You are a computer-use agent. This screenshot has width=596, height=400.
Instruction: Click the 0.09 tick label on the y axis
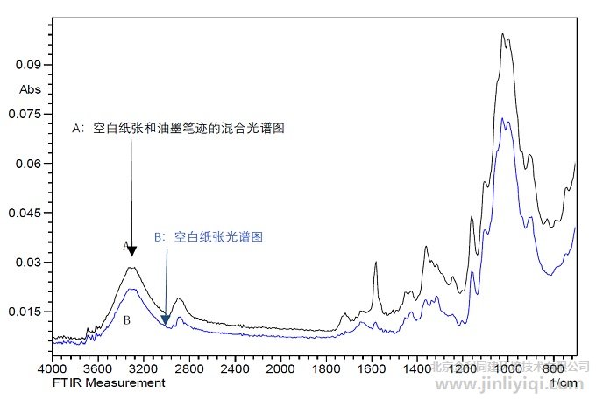pos(30,65)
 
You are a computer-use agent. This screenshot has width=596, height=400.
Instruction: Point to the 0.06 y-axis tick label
pos(30,164)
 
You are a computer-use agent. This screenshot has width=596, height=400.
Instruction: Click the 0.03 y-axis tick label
pos(30,263)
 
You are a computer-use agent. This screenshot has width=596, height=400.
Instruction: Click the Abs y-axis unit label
pos(29,88)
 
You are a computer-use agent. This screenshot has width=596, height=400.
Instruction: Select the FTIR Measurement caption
pos(109,383)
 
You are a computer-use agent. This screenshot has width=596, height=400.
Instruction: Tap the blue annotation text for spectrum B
pos(209,236)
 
